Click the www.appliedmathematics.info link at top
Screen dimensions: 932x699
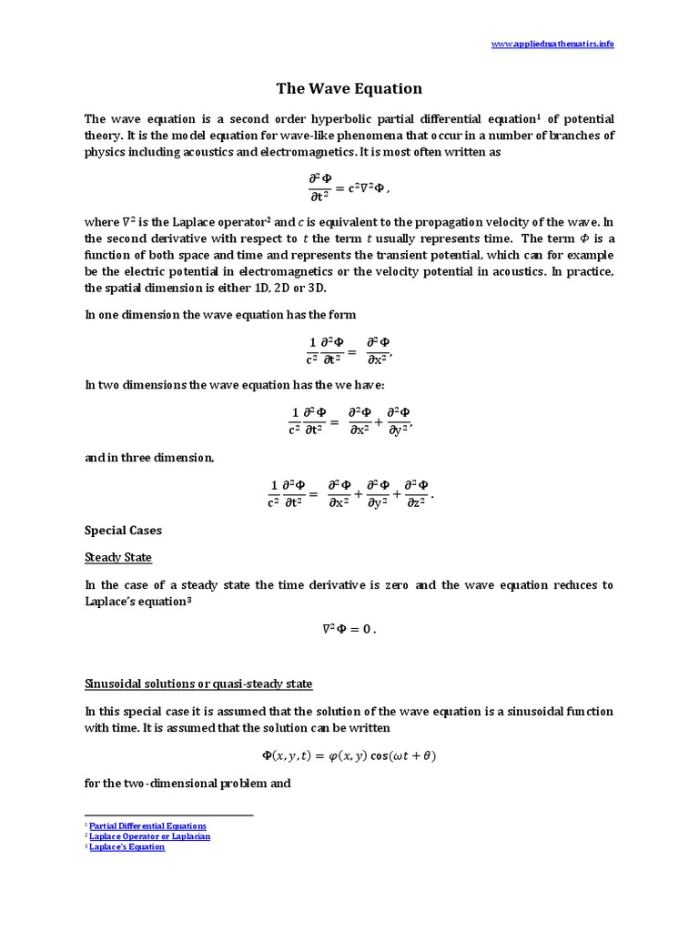click(552, 45)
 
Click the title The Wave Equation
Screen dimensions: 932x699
click(349, 88)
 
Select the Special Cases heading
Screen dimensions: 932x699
click(123, 530)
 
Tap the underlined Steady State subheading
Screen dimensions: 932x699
click(118, 557)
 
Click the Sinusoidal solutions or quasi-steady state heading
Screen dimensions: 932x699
click(198, 684)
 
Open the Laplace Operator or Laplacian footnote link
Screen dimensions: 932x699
click(149, 836)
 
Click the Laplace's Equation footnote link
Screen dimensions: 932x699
click(127, 846)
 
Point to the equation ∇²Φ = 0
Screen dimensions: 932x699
click(349, 628)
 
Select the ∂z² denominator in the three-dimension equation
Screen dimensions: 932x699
click(416, 501)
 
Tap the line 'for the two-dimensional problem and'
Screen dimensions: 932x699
click(187, 782)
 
